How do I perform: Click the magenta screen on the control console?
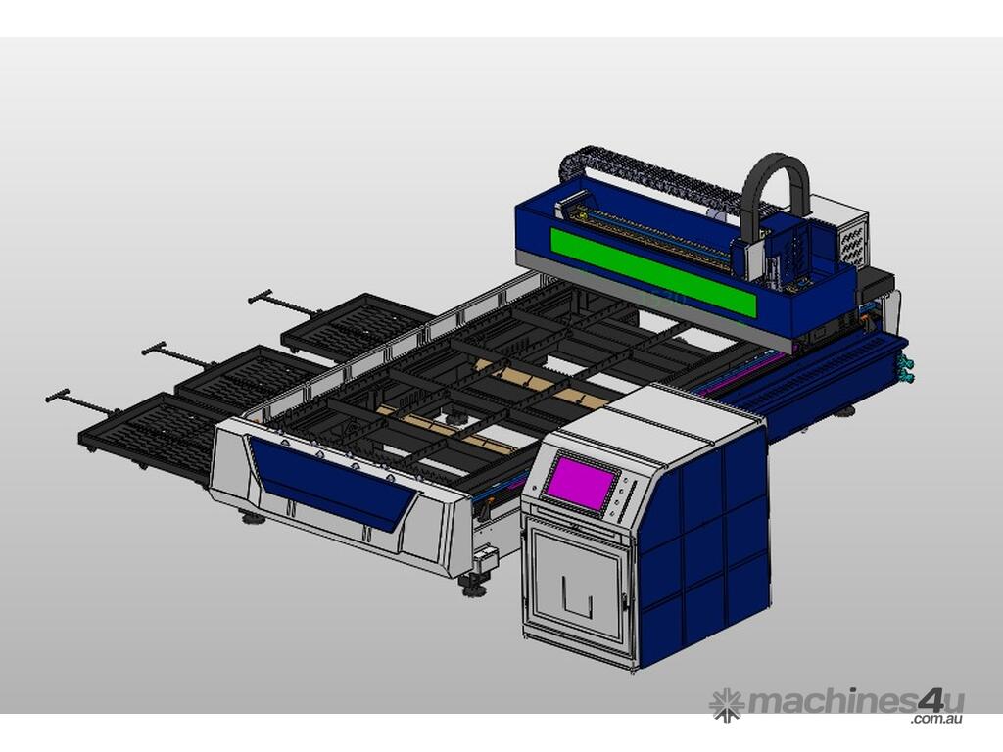pyautogui.click(x=582, y=482)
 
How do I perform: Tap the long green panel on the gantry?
pyautogui.click(x=653, y=272)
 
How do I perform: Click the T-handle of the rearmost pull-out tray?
pyautogui.click(x=281, y=304)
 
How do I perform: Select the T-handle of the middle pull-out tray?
pyautogui.click(x=176, y=354)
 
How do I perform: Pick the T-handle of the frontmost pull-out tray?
pyautogui.click(x=81, y=402)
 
